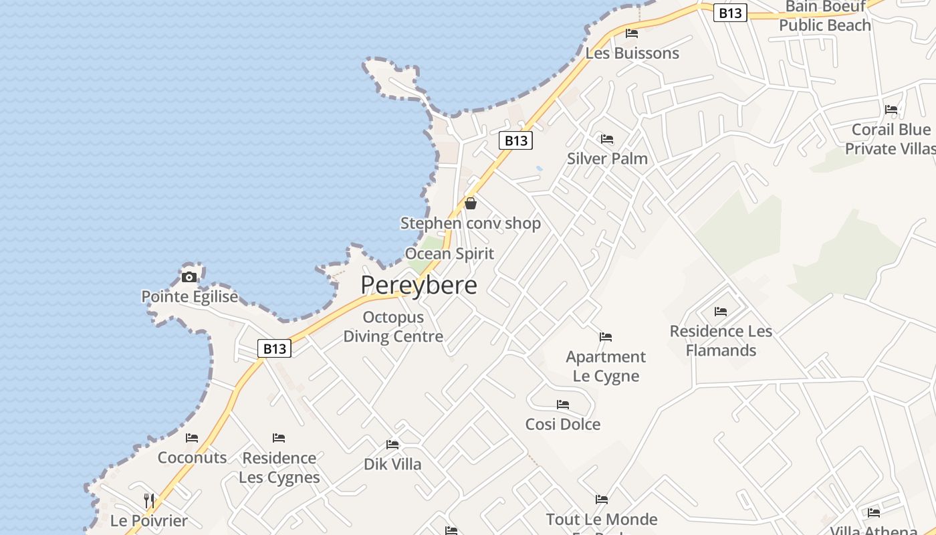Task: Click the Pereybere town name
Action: point(419,286)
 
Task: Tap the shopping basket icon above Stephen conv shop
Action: point(471,203)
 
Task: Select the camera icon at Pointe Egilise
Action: point(189,277)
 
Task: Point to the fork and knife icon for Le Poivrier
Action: point(149,500)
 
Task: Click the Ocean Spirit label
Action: point(449,254)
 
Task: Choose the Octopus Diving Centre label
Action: point(393,326)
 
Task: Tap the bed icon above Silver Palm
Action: point(607,139)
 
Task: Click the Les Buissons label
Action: point(632,53)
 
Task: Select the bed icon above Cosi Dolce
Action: point(563,405)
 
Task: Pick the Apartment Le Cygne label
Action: point(606,366)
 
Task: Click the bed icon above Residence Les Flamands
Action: point(721,312)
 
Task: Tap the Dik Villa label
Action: point(392,464)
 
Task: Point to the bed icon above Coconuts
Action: point(192,438)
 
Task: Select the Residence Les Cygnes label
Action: point(279,467)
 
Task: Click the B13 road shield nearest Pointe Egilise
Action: point(274,348)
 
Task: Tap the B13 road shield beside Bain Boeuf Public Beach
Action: point(729,13)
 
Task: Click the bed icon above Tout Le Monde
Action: point(602,499)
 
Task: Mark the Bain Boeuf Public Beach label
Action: point(825,16)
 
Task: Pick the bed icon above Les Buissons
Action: point(632,33)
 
